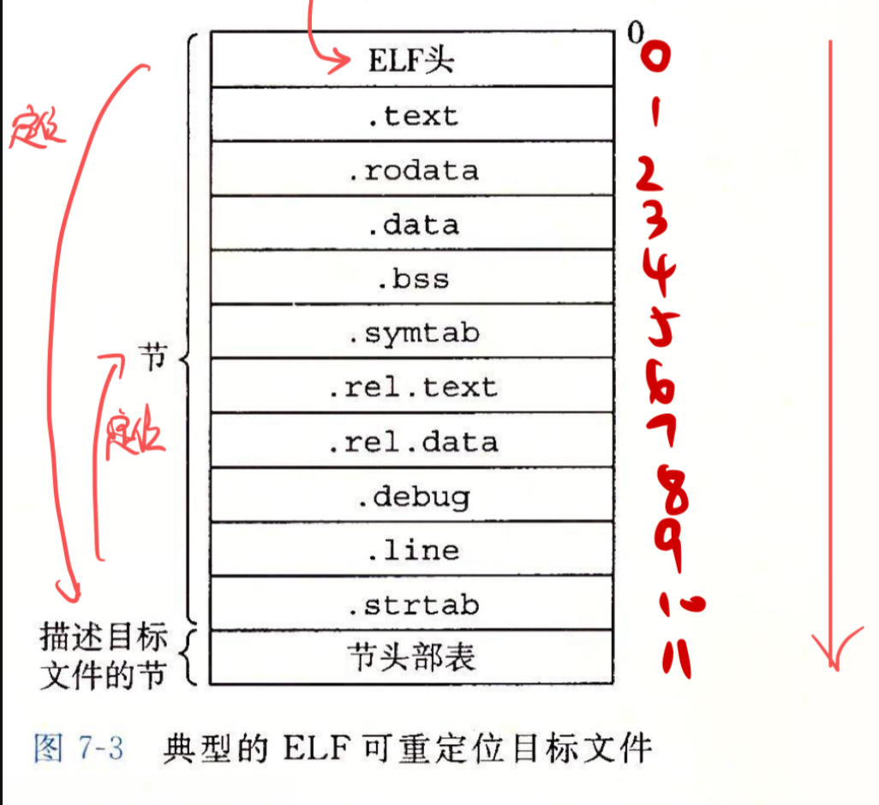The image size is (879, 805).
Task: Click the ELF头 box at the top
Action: click(411, 60)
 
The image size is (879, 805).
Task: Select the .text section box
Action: click(411, 115)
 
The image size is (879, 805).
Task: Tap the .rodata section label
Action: click(411, 170)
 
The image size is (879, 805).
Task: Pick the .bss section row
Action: click(411, 279)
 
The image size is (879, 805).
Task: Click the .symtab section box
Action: click(411, 333)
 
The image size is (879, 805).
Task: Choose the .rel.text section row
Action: click(411, 387)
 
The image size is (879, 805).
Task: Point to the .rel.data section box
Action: click(411, 442)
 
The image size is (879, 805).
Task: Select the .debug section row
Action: click(411, 496)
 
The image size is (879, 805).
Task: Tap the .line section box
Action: click(411, 550)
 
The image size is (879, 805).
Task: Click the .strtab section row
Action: click(411, 605)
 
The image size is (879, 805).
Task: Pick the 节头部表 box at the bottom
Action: click(411, 658)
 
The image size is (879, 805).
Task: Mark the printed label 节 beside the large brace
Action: click(151, 360)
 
